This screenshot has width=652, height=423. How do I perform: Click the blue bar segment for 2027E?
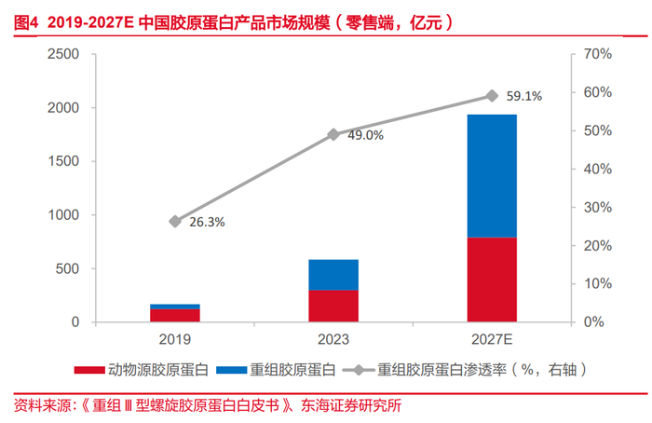(x=492, y=176)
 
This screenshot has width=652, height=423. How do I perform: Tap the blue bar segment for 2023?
(x=333, y=275)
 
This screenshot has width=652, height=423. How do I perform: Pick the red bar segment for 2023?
(x=333, y=306)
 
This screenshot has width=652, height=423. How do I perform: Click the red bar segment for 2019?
(x=175, y=315)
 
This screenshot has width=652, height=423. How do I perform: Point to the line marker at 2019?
(x=175, y=221)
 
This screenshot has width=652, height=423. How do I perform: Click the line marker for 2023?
(x=333, y=134)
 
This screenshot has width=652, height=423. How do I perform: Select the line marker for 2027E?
(x=492, y=96)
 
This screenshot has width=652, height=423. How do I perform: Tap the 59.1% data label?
(x=523, y=96)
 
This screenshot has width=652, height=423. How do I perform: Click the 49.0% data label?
(x=365, y=135)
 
